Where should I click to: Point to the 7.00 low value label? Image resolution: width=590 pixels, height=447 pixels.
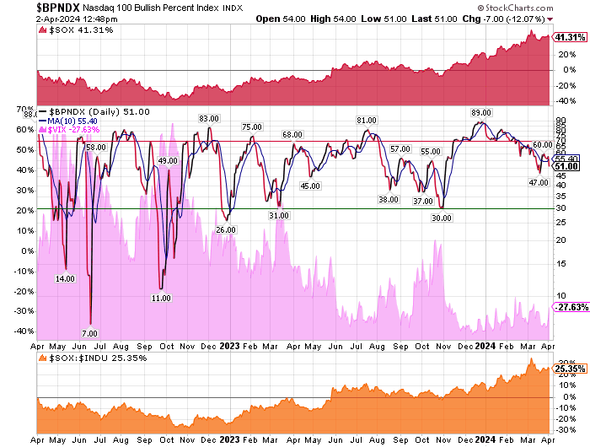tap(89, 333)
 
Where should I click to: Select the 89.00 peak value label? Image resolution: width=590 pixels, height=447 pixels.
tap(481, 112)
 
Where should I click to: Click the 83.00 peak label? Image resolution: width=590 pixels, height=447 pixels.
tap(209, 118)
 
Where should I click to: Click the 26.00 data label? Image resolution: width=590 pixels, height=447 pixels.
tap(226, 229)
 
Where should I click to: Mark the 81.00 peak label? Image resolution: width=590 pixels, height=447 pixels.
tap(366, 121)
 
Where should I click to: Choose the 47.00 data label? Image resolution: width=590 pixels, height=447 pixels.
tap(539, 182)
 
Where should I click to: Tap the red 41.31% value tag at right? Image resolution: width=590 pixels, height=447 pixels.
tap(569, 37)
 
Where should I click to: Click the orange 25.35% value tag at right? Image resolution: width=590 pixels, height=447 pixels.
tap(569, 368)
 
